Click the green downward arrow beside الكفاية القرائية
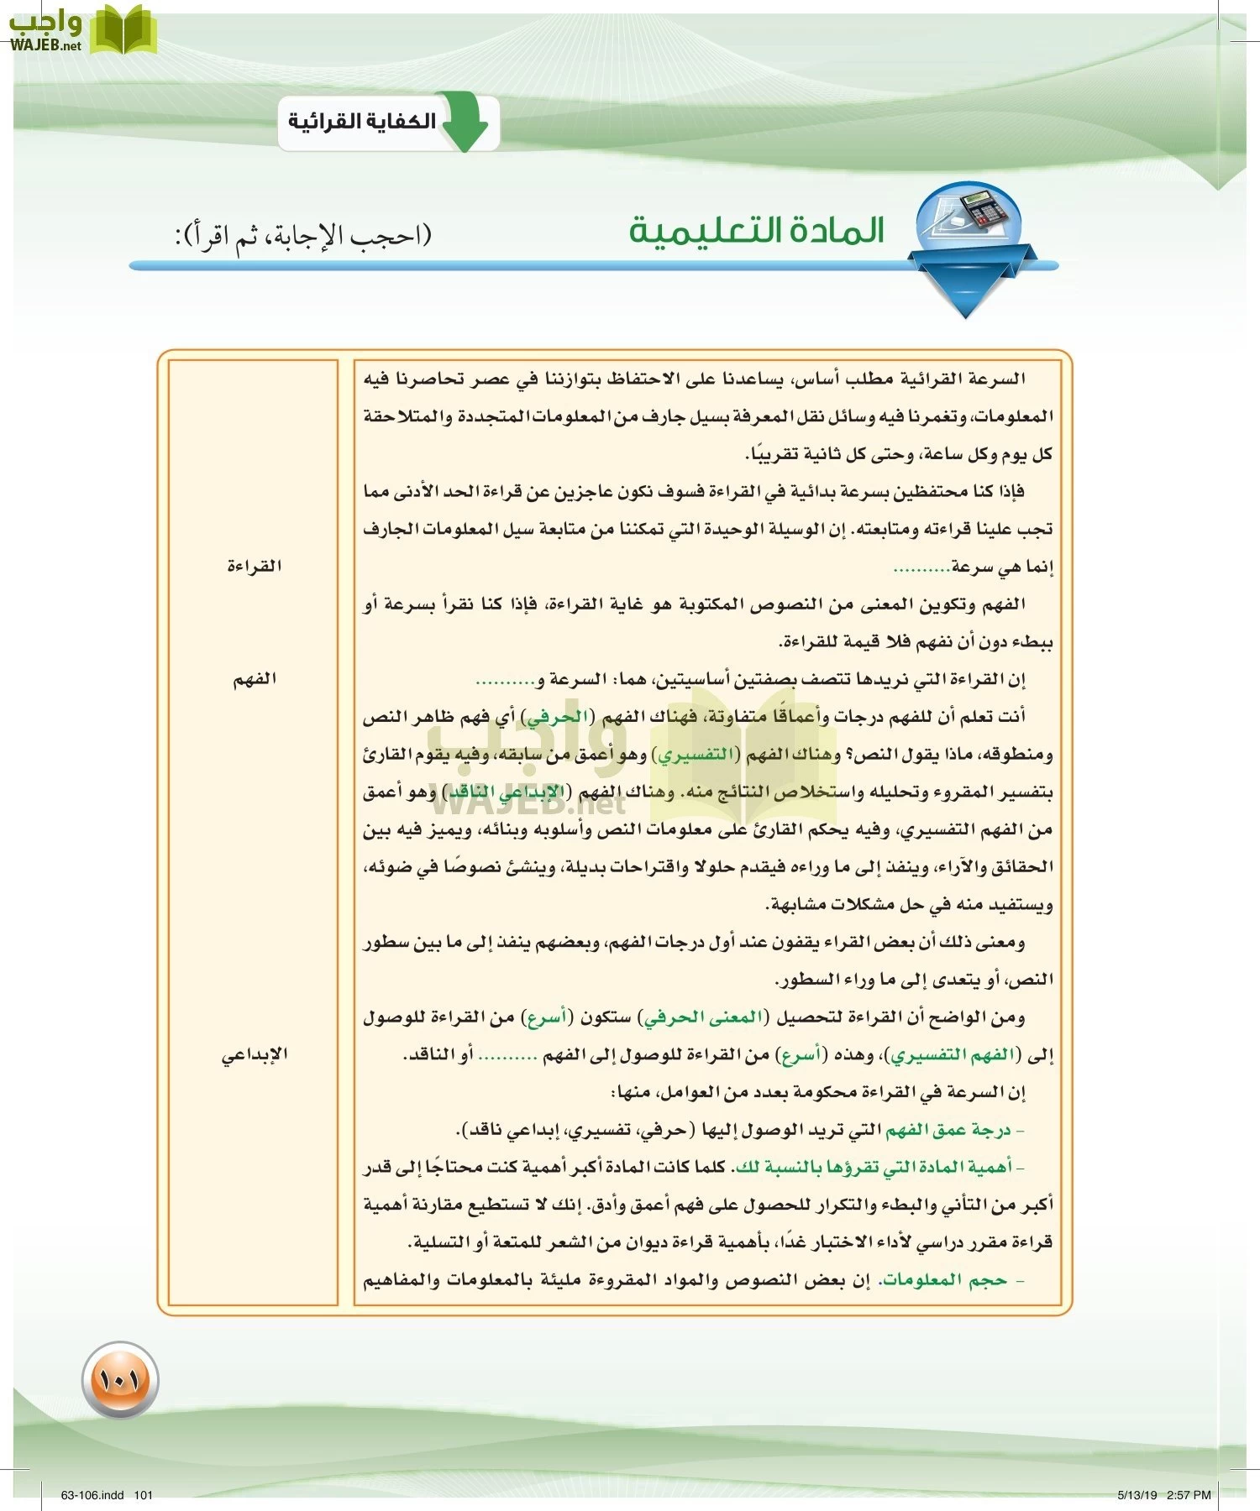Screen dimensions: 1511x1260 (x=465, y=123)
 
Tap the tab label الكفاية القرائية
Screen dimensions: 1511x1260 (x=362, y=122)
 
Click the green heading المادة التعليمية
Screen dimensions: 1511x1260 (x=757, y=230)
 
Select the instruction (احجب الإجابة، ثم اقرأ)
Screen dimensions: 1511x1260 (x=303, y=235)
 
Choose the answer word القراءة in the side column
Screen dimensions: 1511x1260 (x=254, y=566)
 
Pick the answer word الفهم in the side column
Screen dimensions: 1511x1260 (x=254, y=679)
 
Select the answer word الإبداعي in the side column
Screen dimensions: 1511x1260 (x=254, y=1054)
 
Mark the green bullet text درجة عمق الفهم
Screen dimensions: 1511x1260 (x=948, y=1130)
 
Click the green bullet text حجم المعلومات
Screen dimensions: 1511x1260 (x=942, y=1280)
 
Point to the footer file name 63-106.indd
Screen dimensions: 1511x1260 (x=92, y=1494)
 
